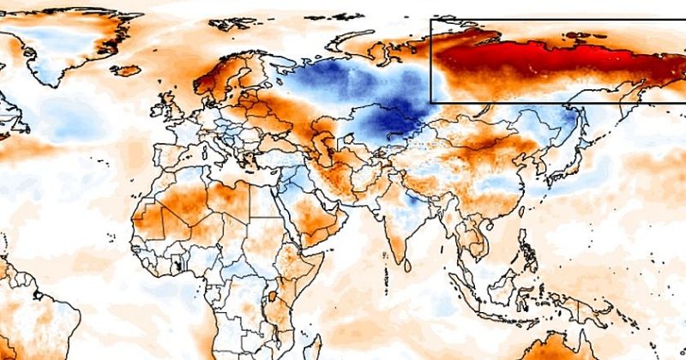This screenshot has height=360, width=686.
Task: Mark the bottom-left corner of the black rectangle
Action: [x=430, y=103]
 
